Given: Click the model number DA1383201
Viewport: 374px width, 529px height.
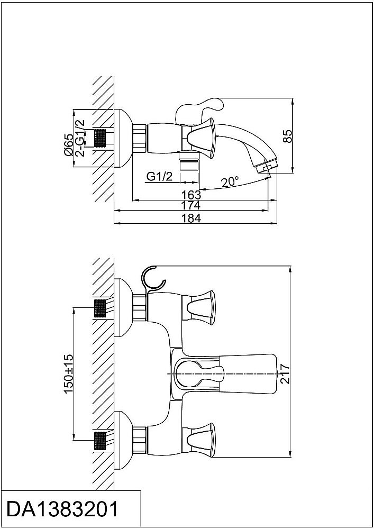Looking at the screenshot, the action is [x=63, y=509].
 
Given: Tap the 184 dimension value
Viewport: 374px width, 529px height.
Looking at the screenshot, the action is [x=191, y=218].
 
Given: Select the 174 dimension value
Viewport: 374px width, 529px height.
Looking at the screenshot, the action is [x=191, y=205].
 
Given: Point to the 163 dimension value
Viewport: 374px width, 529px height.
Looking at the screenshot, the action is [x=191, y=195].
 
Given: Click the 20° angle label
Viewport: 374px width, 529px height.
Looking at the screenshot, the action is [x=230, y=182].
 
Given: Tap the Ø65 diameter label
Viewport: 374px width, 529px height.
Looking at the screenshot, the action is [x=68, y=144].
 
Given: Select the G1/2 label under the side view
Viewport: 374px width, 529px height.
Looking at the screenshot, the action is [x=160, y=176].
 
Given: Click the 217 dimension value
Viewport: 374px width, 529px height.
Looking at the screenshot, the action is [x=285, y=373].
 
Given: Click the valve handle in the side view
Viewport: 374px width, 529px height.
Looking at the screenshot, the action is [x=201, y=138].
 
